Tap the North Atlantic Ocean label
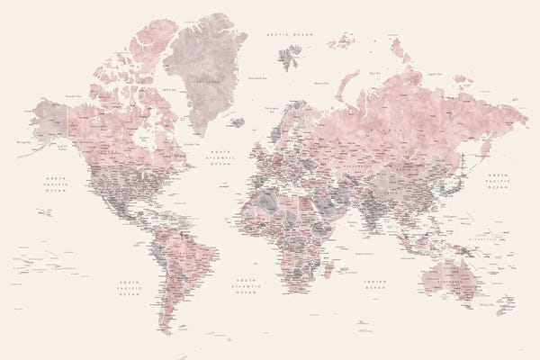click(x=220, y=159)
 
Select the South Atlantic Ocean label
click(x=244, y=287)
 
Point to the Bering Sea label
click(x=22, y=140)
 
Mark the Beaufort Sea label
click(x=76, y=94)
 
